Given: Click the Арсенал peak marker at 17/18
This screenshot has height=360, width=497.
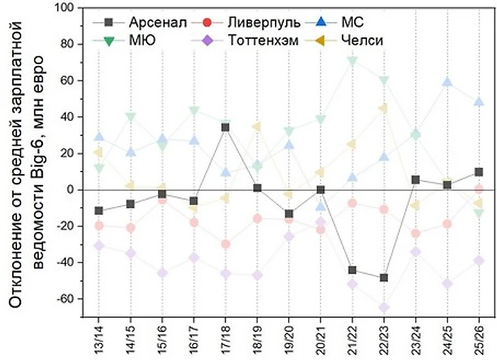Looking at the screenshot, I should coord(225,127).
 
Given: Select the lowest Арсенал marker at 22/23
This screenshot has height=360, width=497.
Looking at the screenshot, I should coord(384,278).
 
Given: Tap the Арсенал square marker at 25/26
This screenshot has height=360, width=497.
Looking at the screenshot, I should coord(479,172).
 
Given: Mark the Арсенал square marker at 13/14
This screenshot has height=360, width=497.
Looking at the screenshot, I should coord(99,211).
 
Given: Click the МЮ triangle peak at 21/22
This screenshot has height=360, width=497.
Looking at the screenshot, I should coord(352,61).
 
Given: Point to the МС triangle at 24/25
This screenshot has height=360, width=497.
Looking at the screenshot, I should coord(447,82).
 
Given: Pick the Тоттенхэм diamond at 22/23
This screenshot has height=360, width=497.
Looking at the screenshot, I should coord(384,308).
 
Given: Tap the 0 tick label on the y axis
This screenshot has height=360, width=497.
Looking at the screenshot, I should coord(68,190).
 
